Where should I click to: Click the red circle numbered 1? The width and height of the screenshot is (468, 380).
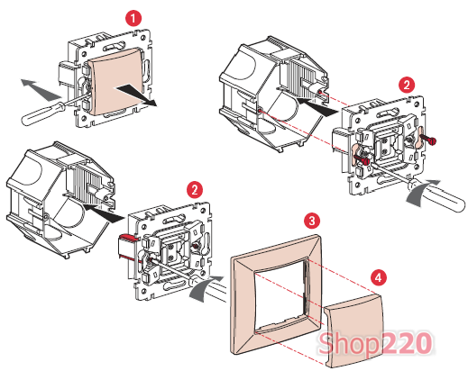click(133, 19)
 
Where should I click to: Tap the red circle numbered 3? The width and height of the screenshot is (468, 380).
click(312, 222)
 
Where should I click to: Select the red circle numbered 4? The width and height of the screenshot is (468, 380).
click(379, 277)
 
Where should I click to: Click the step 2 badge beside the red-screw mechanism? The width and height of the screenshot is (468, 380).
click(407, 86)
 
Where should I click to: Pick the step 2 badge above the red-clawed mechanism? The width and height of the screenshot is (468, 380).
click(195, 190)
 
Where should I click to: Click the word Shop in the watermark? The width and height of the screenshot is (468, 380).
click(348, 343)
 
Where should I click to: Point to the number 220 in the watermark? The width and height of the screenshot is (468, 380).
click(407, 342)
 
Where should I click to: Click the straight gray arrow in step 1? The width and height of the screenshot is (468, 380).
click(40, 89)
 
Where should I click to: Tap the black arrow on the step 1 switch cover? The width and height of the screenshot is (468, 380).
click(137, 95)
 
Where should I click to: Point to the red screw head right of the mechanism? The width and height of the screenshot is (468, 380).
click(428, 140)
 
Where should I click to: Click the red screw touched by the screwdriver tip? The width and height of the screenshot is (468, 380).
click(362, 159)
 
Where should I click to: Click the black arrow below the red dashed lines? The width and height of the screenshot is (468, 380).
click(319, 106)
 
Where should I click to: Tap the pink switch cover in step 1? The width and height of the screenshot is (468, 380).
click(115, 82)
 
